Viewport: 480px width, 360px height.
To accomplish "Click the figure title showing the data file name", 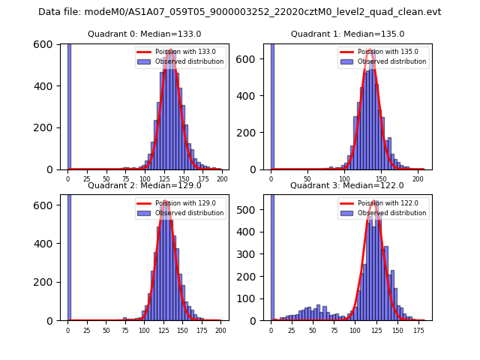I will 240,12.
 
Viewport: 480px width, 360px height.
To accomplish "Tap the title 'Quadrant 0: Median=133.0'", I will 144,34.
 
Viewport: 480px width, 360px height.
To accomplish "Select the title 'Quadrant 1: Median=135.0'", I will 347,34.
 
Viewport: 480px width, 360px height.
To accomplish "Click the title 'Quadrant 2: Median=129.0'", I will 144,185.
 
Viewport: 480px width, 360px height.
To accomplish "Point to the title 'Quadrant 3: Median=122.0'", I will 347,185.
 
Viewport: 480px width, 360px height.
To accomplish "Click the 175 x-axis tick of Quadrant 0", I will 202,179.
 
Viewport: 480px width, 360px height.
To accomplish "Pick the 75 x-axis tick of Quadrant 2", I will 125,331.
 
